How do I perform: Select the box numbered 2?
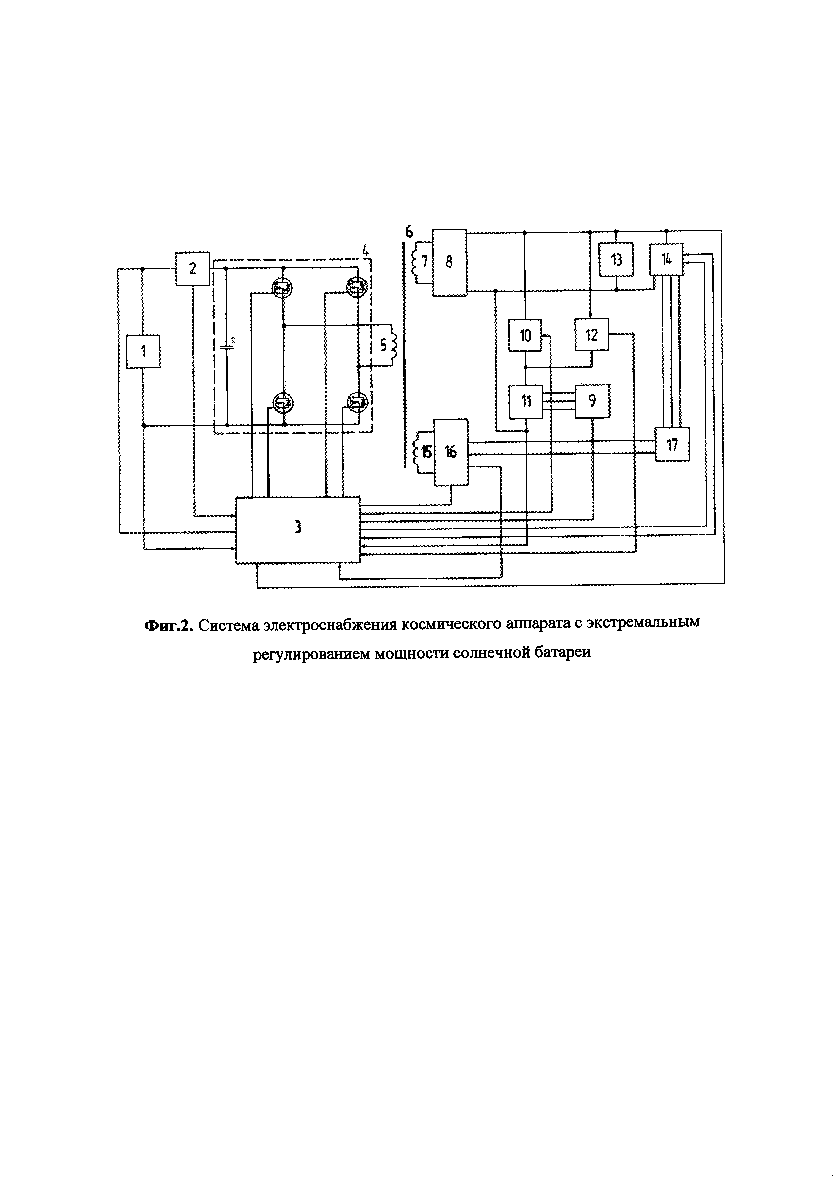(x=192, y=269)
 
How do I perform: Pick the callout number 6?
(x=409, y=232)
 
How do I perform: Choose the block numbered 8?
(x=449, y=262)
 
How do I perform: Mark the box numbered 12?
(x=591, y=335)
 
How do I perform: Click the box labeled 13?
(x=617, y=260)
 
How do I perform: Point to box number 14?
(x=666, y=260)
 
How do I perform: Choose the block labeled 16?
(x=451, y=452)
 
